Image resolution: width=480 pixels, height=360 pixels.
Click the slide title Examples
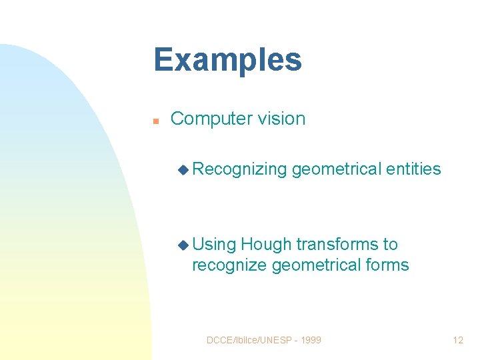pos(227,60)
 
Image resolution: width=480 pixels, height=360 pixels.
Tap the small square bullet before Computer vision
pos(155,121)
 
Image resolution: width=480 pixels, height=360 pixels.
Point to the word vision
pos(283,119)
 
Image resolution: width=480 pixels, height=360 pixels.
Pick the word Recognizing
pos(239,169)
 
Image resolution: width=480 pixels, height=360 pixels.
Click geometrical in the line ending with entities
pos(337,169)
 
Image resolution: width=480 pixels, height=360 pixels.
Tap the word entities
pos(413,169)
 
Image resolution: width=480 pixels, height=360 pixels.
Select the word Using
pos(214,245)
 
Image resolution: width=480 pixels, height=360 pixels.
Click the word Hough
pos(267,245)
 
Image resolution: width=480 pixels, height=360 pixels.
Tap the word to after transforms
pos(390,245)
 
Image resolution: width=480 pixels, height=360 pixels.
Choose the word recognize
pos(229,265)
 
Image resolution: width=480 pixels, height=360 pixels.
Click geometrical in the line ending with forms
pos(317,265)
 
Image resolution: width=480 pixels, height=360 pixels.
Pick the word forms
pos(387,265)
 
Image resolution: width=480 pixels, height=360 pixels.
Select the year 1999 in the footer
pos(311,340)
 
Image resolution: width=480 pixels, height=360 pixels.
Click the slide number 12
pos(458,340)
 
